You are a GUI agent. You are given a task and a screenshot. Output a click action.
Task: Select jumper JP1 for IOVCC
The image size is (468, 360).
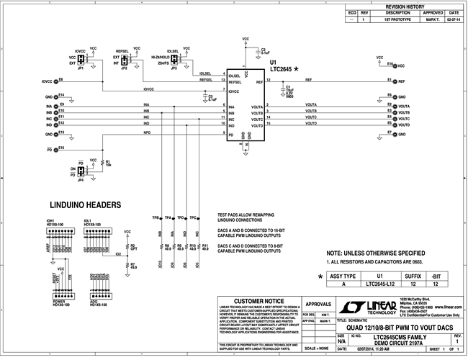[81, 61]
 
